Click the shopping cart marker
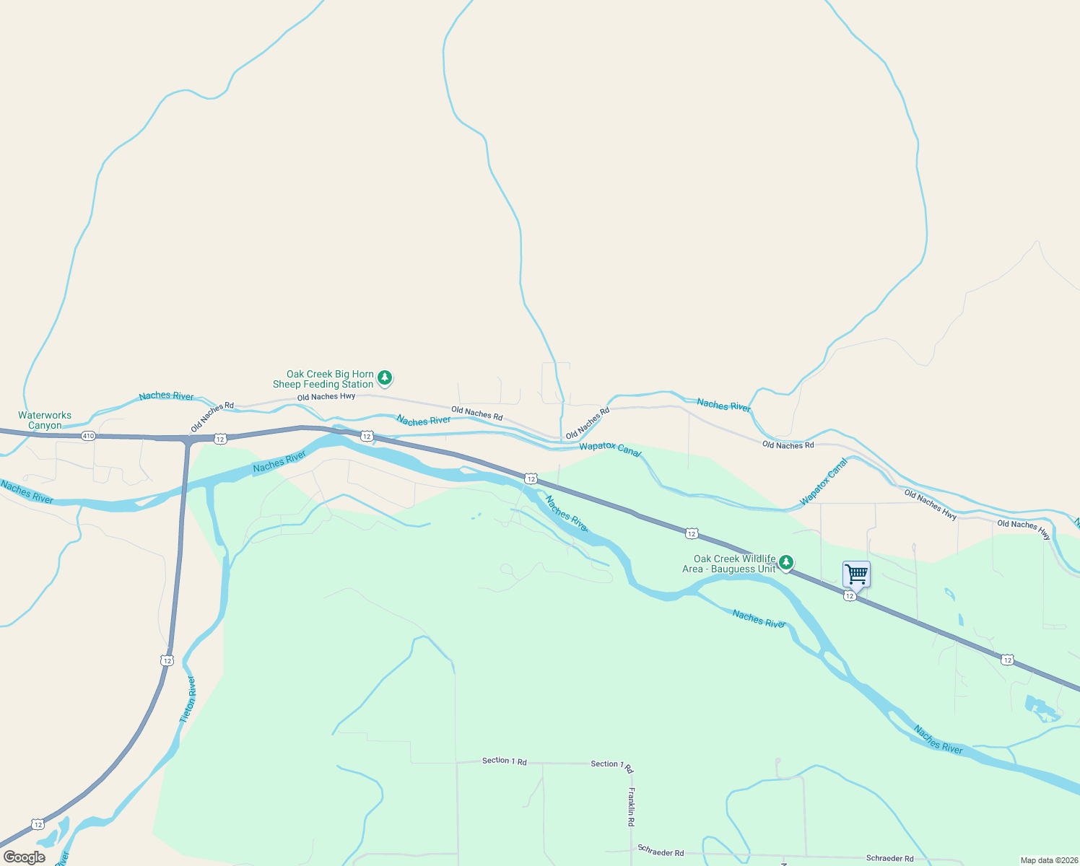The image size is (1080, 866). (856, 574)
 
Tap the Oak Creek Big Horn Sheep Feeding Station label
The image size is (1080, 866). (323, 379)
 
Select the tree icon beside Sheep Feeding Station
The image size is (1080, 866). (386, 377)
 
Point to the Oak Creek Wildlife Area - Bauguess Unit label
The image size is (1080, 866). (729, 564)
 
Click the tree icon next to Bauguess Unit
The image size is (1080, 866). (786, 562)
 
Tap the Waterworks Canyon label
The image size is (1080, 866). (45, 420)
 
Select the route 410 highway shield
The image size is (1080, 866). (88, 436)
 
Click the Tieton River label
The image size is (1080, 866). (188, 699)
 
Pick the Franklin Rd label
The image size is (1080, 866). (631, 806)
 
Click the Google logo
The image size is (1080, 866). (25, 857)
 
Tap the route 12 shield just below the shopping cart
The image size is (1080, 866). (850, 596)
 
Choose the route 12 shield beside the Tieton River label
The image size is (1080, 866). (167, 660)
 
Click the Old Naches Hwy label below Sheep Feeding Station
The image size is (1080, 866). (326, 397)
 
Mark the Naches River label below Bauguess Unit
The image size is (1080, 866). (759, 618)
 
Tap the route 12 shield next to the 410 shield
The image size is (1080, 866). (220, 439)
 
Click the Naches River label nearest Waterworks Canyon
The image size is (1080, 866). (27, 492)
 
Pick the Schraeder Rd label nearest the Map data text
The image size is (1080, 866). (889, 858)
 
